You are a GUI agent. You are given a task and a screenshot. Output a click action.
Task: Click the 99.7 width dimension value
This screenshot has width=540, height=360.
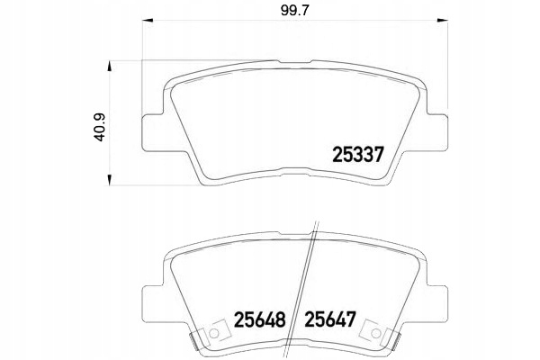pyautogui.click(x=295, y=11)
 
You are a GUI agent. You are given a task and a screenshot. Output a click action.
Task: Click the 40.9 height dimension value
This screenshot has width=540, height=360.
pyautogui.click(x=100, y=128)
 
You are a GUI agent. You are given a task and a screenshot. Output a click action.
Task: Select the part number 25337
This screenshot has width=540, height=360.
pyautogui.click(x=358, y=155)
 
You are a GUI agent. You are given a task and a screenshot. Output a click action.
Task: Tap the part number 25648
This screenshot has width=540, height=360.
pyautogui.click(x=260, y=319)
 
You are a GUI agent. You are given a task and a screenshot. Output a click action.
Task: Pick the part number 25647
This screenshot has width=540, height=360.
pyautogui.click(x=330, y=319)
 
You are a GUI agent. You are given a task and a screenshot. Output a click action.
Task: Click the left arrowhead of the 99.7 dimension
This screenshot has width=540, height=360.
pyautogui.click(x=148, y=21)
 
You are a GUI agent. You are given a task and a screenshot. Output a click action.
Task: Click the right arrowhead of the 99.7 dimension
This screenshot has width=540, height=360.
pyautogui.click(x=442, y=21)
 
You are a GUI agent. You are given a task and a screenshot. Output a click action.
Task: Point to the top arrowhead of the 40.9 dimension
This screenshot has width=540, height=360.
pyautogui.click(x=110, y=67)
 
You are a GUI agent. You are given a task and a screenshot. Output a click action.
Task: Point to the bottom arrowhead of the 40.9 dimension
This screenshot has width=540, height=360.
pyautogui.click(x=110, y=180)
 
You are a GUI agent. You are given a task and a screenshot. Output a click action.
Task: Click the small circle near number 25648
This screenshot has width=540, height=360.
pyautogui.click(x=214, y=333)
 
